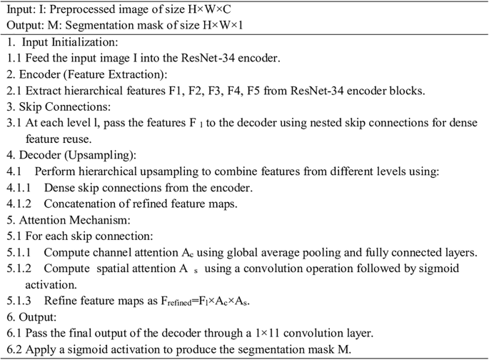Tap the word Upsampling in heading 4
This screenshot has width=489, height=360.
click(99, 156)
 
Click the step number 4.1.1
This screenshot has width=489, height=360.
click(19, 189)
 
